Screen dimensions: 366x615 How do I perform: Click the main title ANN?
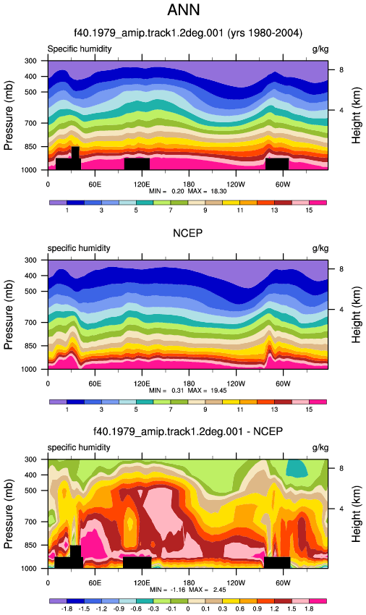184,10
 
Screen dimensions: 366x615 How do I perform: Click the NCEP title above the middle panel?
188,233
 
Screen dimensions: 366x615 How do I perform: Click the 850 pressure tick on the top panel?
30,147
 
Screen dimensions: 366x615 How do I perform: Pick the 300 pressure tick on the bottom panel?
30,459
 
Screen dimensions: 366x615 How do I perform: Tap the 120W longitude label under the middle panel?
236,383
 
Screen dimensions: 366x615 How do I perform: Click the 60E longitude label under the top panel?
95,184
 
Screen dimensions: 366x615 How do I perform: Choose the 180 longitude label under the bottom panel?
189,583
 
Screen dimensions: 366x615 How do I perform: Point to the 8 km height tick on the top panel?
341,69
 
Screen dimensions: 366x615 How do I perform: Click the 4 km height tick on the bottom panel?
341,509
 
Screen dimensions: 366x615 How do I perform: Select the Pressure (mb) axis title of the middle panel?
9,315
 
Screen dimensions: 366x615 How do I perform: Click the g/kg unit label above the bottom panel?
320,448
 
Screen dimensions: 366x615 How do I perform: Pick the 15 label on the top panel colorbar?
309,211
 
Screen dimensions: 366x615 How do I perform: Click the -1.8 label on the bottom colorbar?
67,608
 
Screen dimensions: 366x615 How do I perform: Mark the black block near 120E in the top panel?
137,164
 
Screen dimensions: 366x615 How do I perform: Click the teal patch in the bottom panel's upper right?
297,468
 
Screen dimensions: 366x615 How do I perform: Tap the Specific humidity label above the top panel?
80,49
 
